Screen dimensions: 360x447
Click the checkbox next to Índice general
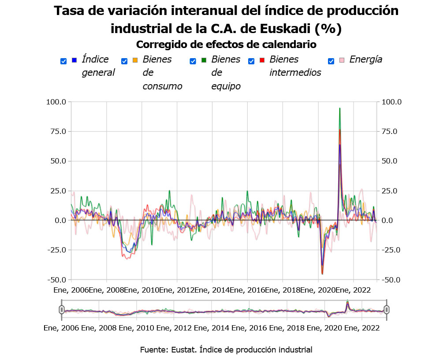[x=63, y=62]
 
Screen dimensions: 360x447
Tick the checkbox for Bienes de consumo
[x=124, y=62]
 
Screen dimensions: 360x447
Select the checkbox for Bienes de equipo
[x=193, y=62]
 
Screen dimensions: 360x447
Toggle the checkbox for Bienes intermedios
[x=251, y=62]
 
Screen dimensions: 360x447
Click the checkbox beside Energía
[x=331, y=62]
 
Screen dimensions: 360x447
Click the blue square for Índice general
[x=74, y=59]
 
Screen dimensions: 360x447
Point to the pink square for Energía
[x=342, y=59]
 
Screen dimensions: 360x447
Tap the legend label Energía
[x=365, y=59]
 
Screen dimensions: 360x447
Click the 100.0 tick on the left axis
[x=56, y=102]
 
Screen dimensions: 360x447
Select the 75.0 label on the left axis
[x=58, y=131]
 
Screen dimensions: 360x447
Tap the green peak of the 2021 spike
[x=339, y=108]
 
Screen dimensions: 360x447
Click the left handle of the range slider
[x=62, y=310]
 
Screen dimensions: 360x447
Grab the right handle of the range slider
[x=387, y=310]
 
